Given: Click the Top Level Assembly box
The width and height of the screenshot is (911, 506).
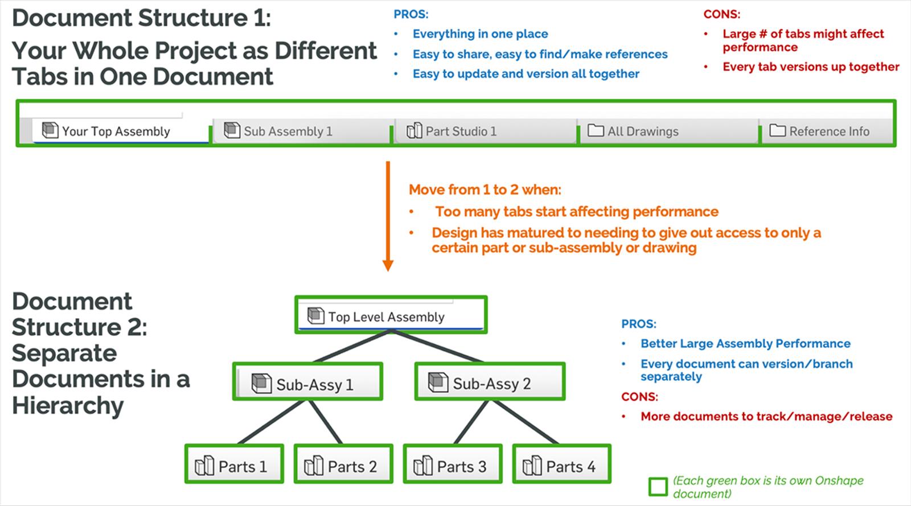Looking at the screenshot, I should point(391,316).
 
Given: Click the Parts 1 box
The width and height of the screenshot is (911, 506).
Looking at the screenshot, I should point(234,466).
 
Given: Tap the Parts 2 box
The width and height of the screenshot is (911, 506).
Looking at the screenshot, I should point(343,466).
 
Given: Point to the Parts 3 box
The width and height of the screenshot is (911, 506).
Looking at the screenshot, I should point(453,466).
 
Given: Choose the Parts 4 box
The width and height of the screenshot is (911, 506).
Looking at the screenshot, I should point(562,466).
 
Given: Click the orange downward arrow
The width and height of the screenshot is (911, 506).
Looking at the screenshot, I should point(388,216).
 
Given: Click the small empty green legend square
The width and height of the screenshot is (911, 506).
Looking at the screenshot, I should point(658,487).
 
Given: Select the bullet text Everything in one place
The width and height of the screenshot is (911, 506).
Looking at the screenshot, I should point(480,34).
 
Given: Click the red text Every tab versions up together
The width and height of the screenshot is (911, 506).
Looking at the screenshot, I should point(811,67).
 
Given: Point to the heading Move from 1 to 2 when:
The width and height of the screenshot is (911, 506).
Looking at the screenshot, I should point(485,190).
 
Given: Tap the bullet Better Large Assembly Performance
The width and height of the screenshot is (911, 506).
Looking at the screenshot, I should point(745,344).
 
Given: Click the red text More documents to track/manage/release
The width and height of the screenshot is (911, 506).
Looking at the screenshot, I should point(766,417).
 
